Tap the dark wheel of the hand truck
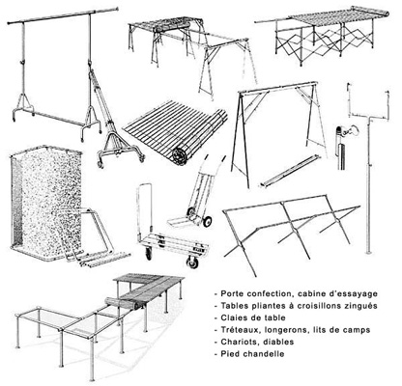[207, 221]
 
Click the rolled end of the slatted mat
[180, 156]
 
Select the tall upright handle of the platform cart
[144, 209]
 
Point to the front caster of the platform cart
[192, 262]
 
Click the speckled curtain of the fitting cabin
[45, 200]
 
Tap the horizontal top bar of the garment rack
[63, 15]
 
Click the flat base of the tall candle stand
[369, 252]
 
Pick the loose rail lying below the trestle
[290, 171]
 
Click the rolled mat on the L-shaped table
[124, 303]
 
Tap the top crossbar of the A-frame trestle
[277, 88]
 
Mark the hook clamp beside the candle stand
[345, 131]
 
